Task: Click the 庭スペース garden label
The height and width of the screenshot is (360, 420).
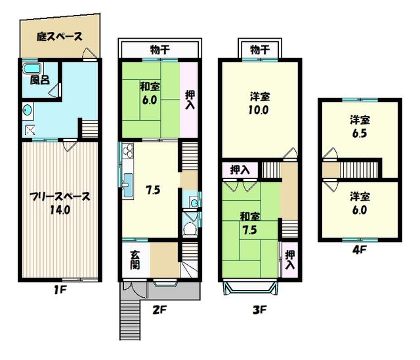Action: point(60,37)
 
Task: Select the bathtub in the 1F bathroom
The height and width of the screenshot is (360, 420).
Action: point(31,68)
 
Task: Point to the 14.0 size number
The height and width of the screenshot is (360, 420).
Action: point(59,210)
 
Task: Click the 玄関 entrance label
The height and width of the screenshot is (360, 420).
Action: point(135,260)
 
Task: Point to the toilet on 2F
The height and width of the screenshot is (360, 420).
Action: point(190,228)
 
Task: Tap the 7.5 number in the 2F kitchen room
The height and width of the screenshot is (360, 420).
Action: point(153,191)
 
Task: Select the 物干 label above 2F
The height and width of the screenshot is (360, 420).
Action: point(159,49)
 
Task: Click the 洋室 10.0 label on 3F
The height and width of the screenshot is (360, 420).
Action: point(258,104)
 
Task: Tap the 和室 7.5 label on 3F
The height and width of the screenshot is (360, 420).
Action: point(247,223)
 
